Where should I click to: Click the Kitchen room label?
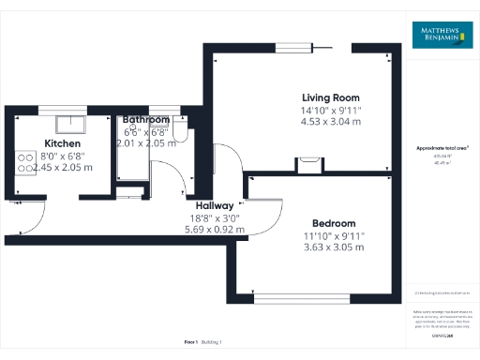pos(63,143)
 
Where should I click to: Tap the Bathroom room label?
pos(145,120)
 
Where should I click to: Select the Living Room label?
pos(330,97)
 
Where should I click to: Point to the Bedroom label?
pos(333,223)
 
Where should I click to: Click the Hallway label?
pos(215,205)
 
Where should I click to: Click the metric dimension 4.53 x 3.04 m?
pos(330,121)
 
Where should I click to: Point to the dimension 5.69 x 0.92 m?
pos(213,229)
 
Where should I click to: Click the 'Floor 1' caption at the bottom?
pos(192,343)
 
